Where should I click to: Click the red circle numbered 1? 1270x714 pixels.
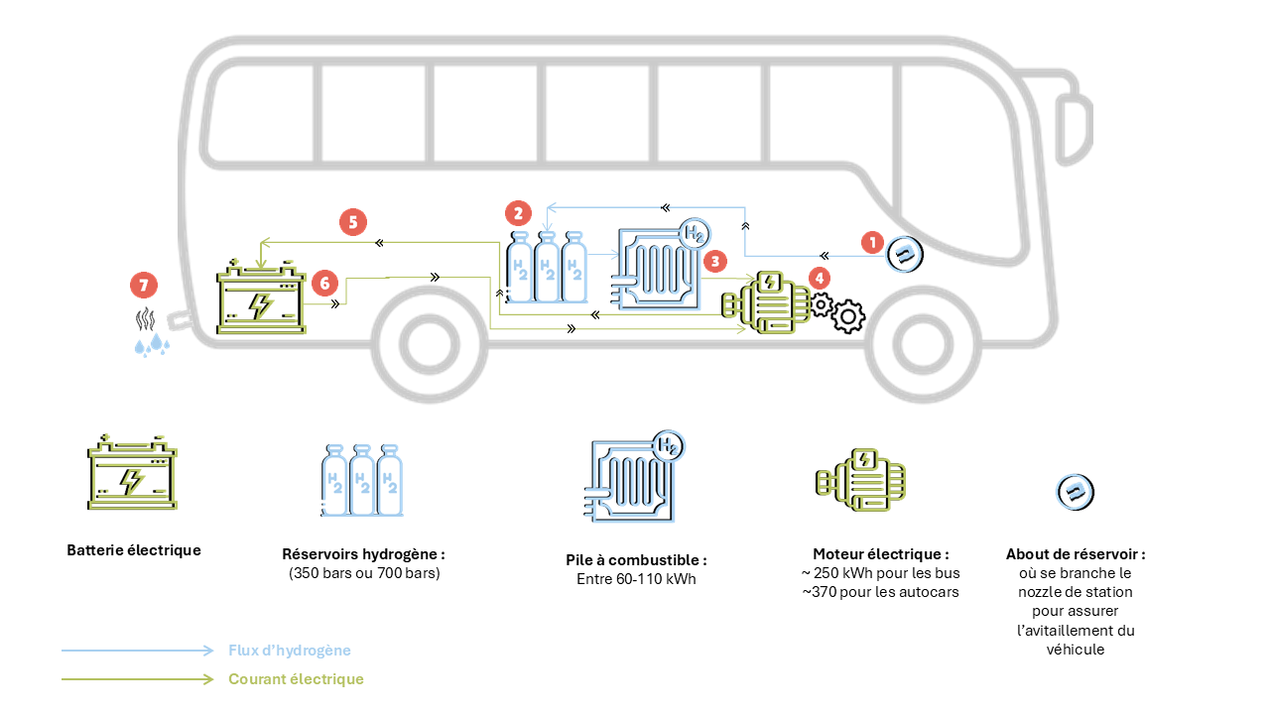pyautogui.click(x=872, y=242)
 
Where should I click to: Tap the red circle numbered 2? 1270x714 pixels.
pyautogui.click(x=518, y=213)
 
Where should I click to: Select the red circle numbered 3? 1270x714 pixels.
pyautogui.click(x=714, y=261)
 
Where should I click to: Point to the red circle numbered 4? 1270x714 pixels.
pyautogui.click(x=820, y=279)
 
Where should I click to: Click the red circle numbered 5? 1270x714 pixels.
pyautogui.click(x=352, y=222)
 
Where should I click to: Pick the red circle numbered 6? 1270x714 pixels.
pyautogui.click(x=323, y=284)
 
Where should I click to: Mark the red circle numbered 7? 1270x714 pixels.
pyautogui.click(x=144, y=286)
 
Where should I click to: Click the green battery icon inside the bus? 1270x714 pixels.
pyautogui.click(x=261, y=297)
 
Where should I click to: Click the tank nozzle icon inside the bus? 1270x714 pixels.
pyautogui.click(x=905, y=255)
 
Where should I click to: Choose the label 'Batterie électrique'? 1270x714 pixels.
pyautogui.click(x=134, y=550)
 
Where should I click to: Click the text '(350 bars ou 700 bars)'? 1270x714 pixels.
pyautogui.click(x=364, y=573)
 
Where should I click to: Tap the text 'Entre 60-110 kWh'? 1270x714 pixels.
pyautogui.click(x=636, y=579)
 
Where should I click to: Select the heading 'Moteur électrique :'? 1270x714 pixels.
pyautogui.click(x=881, y=553)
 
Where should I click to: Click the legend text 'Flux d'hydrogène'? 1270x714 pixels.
pyautogui.click(x=290, y=651)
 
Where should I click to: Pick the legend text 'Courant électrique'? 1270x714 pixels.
pyautogui.click(x=296, y=679)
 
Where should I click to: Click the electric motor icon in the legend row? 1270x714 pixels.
pyautogui.click(x=860, y=479)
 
